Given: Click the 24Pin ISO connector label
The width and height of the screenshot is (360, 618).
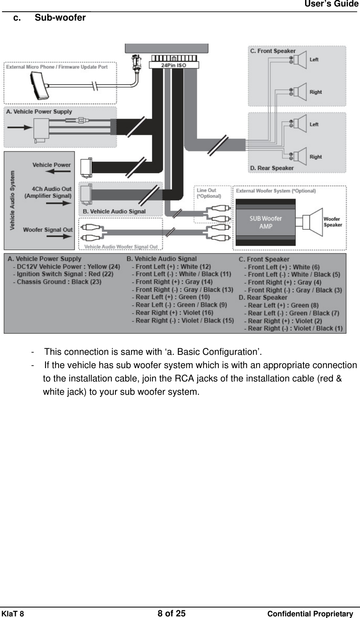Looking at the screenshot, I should (x=174, y=65).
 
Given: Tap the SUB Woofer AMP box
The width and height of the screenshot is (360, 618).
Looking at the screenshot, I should (x=266, y=222).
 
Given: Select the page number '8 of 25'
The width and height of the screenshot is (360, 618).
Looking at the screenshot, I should (x=172, y=614).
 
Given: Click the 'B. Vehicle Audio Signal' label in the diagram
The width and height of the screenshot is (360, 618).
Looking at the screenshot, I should (x=114, y=211).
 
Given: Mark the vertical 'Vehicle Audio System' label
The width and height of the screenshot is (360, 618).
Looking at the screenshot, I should (x=13, y=200).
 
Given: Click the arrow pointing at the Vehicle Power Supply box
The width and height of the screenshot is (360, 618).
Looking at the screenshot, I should (x=20, y=128).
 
